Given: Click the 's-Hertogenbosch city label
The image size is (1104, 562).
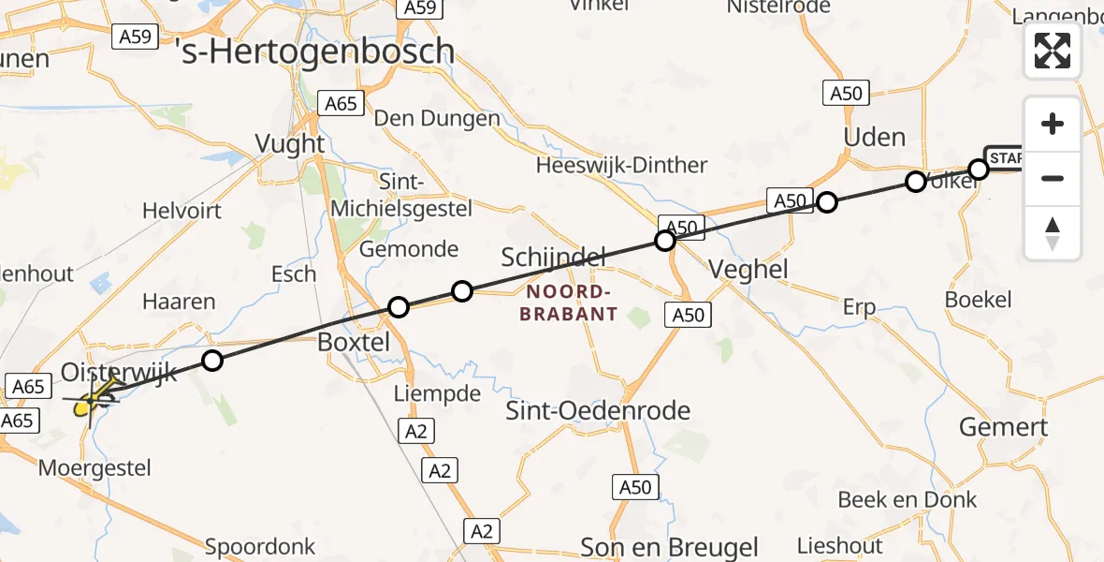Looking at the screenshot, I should pos(315,51).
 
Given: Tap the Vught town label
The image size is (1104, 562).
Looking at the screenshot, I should pos(290,144).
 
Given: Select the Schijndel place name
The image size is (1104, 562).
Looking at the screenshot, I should pos(554,256).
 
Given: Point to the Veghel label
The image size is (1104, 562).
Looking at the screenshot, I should pos(748,270).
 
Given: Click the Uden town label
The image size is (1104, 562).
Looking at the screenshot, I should pos(875,138).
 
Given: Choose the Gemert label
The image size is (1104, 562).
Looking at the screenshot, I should pos(1004,428).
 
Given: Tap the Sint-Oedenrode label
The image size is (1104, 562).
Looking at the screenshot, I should pos(598,410).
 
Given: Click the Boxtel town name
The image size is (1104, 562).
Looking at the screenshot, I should pos(354,342).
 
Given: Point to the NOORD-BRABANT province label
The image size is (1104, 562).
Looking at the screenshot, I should pos(568,303).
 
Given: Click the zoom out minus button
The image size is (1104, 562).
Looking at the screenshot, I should pos(1053,178).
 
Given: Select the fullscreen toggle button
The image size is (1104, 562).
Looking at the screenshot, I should pos(1053,51).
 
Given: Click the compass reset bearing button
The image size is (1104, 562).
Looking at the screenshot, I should pos(1053,233).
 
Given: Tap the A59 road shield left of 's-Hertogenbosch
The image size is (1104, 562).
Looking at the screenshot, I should pos(135,37).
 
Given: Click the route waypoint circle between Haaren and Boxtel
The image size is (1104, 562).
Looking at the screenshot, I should pos(212,361).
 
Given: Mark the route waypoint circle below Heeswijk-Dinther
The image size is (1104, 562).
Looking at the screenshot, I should pos(665,241).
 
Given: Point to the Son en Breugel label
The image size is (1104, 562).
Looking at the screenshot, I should pos(669,546).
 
